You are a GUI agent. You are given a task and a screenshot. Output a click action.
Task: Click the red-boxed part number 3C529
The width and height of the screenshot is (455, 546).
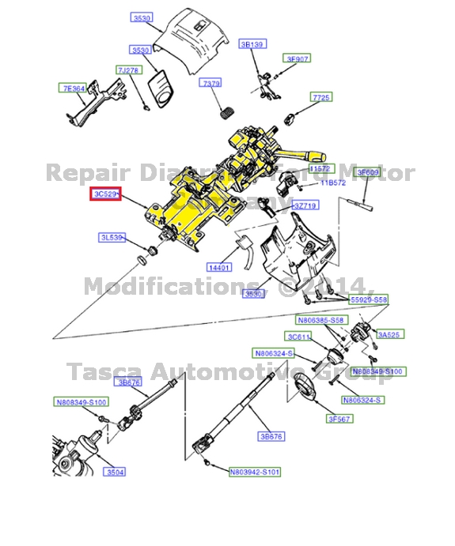click(x=105, y=194)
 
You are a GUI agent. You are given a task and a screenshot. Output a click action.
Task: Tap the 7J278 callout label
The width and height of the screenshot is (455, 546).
click(x=127, y=70)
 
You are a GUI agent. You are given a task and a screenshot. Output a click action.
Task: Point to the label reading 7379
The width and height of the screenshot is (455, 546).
click(x=211, y=83)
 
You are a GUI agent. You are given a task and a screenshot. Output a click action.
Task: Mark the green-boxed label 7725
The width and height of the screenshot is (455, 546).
click(x=320, y=97)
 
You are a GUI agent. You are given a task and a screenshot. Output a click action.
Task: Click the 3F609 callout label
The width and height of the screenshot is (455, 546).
click(x=367, y=171)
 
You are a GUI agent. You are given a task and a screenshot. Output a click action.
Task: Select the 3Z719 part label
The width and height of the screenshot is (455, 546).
click(x=305, y=205)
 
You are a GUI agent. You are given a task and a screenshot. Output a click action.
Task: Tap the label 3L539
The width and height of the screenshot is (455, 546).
click(x=111, y=237)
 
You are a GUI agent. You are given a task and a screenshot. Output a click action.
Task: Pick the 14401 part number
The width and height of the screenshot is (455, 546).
click(x=219, y=267)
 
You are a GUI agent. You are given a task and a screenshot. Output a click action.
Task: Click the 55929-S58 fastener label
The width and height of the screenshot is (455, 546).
click(x=370, y=300)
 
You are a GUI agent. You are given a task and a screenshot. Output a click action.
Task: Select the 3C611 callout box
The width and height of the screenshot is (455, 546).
click(x=301, y=336)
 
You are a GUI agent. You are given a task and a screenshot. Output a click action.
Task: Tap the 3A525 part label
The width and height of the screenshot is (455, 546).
click(x=389, y=335)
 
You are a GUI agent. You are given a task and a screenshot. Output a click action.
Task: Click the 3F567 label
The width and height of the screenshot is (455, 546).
click(x=339, y=419)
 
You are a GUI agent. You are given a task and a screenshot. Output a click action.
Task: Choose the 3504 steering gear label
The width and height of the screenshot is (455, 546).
click(x=116, y=473)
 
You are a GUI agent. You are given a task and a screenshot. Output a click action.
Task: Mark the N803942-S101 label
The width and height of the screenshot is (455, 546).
click(x=255, y=473)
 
